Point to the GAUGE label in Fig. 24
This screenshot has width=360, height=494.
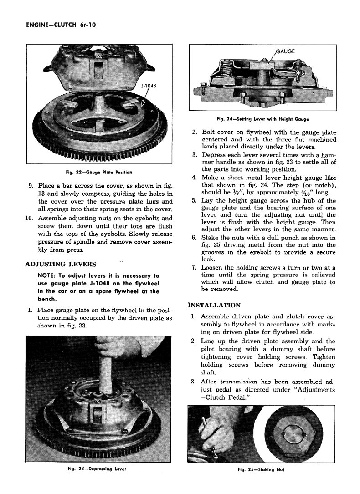(286, 51)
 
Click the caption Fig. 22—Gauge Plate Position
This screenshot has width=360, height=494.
(99, 172)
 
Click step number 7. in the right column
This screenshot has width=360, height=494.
(194, 268)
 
